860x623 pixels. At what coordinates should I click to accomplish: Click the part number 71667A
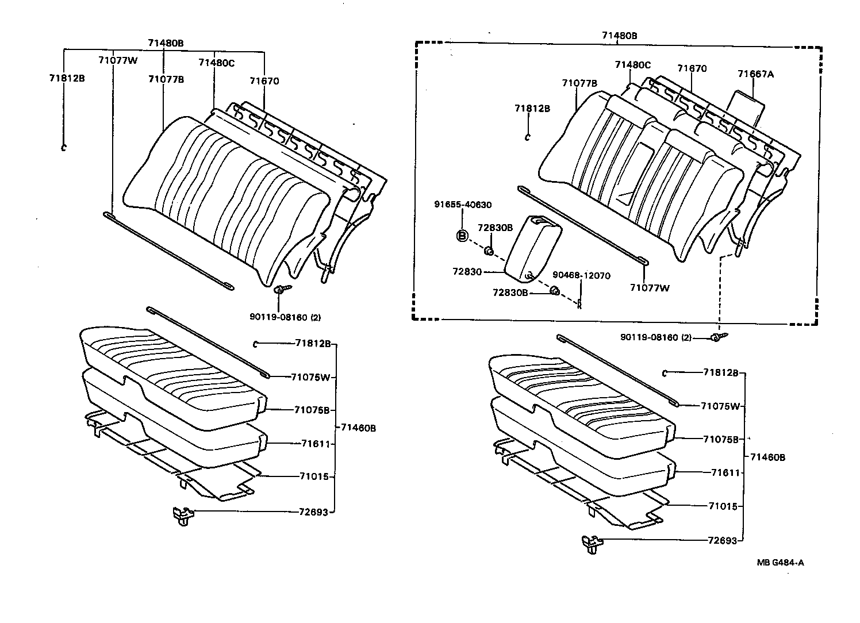755,74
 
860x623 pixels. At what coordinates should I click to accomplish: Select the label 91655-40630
462,205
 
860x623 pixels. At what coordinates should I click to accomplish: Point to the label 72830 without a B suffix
466,271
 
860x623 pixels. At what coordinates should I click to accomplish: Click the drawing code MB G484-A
780,563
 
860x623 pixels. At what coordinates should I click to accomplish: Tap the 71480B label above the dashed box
619,36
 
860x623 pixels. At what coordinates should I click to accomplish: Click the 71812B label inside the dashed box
532,108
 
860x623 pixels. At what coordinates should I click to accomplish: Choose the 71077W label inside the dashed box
650,288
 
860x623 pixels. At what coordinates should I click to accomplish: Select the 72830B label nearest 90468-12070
510,293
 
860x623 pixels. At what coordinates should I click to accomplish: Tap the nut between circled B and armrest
488,251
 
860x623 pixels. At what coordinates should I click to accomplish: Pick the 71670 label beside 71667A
692,68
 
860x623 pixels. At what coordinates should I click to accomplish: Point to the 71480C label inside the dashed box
632,65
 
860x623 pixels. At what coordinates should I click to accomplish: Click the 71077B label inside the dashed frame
579,83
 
